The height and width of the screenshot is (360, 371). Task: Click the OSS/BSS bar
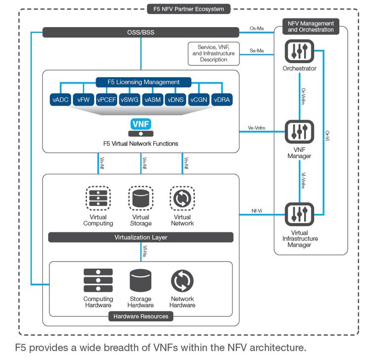coord(140,32)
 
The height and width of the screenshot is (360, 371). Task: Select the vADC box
coord(60,100)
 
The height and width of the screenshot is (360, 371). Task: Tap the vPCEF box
coord(106,100)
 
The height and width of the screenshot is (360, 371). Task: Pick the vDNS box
coord(175,100)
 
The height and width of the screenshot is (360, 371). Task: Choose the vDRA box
coord(221,100)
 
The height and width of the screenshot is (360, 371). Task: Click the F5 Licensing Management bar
coord(143,82)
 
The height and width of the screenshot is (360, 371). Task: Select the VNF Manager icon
coord(299,132)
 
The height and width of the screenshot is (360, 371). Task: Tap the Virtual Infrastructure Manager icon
coord(299,214)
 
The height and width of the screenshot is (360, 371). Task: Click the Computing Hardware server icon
coord(98,281)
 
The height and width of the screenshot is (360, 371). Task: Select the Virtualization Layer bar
coord(140,237)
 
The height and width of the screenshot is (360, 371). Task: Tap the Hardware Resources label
coord(140,316)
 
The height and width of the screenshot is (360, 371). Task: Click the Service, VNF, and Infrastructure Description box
coord(214,53)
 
